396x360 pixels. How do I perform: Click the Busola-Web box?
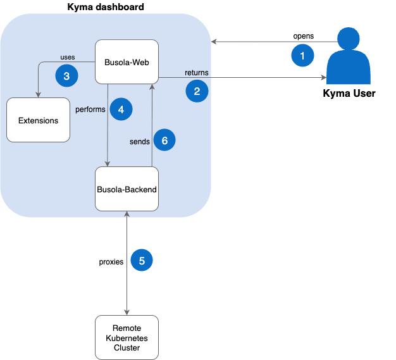coord(127,62)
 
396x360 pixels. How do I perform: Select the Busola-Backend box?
coord(127,189)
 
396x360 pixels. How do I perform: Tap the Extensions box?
coord(38,120)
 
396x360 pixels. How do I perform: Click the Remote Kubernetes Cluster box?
coord(127,337)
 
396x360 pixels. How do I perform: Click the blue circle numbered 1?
coord(302,56)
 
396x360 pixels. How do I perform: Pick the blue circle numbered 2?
coord(197,91)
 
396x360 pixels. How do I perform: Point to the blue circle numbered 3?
coord(66,75)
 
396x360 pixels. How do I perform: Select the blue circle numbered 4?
coord(121,109)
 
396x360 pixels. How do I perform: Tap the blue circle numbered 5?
coord(142,260)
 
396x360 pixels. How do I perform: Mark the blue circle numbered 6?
coord(164,140)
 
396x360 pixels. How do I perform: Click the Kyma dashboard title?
coord(106,7)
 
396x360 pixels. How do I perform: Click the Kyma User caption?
coord(349,94)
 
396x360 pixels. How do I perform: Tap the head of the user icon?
coord(349,38)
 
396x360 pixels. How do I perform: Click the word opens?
coord(303,35)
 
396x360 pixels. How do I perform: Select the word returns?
coord(196,73)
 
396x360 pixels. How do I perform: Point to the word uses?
coord(67,58)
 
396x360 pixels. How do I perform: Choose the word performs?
coord(90,109)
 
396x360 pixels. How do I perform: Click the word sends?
coord(139,140)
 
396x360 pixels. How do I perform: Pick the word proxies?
coord(111,261)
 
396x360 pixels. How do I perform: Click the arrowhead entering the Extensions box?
coord(38,95)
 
